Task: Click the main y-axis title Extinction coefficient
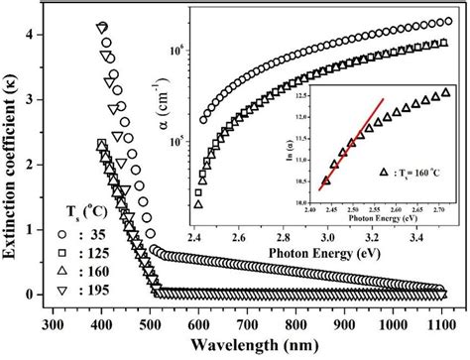click(x=14, y=159)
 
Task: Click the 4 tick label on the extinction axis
click(x=37, y=35)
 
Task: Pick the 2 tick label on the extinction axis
click(x=37, y=164)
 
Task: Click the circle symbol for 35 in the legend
click(x=30, y=234)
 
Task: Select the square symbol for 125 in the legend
click(x=30, y=253)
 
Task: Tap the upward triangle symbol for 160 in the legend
click(x=30, y=272)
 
